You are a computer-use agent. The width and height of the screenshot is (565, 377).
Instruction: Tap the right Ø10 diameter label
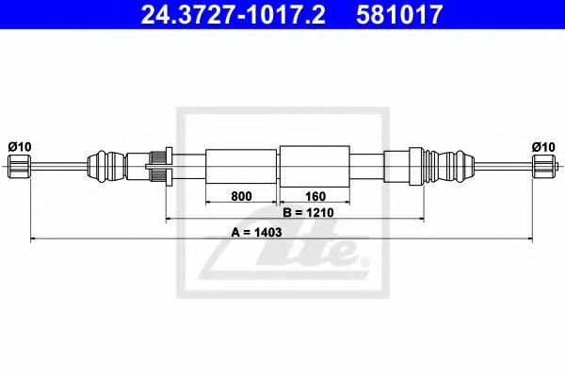[x=543, y=146]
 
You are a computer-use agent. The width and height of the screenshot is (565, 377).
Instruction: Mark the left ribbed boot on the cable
[x=105, y=167]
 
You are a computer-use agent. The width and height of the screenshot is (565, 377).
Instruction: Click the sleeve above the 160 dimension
[x=315, y=167]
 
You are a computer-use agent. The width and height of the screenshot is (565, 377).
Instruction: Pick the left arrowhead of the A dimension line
[x=34, y=239]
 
